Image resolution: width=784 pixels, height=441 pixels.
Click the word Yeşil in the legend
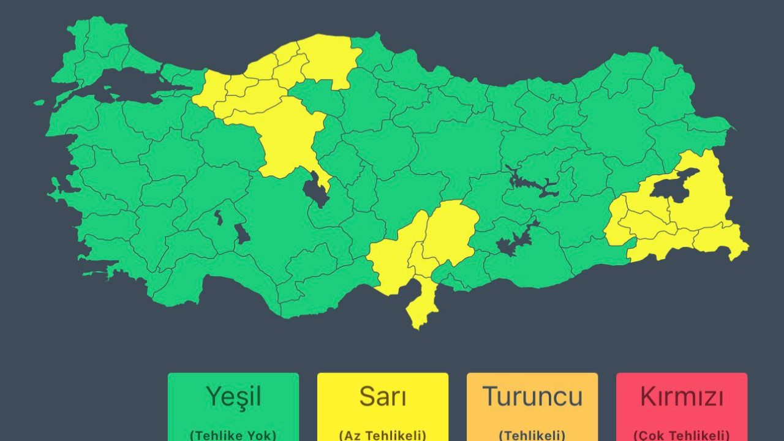pos(233,397)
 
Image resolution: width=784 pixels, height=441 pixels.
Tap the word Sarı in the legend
pos(383,397)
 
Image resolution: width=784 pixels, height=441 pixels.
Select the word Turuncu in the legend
pos(532,397)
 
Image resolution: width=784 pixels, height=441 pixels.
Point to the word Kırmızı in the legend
pos(682,397)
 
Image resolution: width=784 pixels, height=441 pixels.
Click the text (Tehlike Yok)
pos(233,435)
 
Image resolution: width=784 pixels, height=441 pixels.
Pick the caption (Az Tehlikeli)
pos(383,435)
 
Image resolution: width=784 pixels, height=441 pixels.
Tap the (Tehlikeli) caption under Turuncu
pos(532,435)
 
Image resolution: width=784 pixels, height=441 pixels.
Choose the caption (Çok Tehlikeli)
pos(682,435)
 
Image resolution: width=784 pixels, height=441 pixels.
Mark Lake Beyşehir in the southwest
pos(243,233)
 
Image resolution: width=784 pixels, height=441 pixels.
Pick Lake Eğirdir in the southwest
pos(219,217)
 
